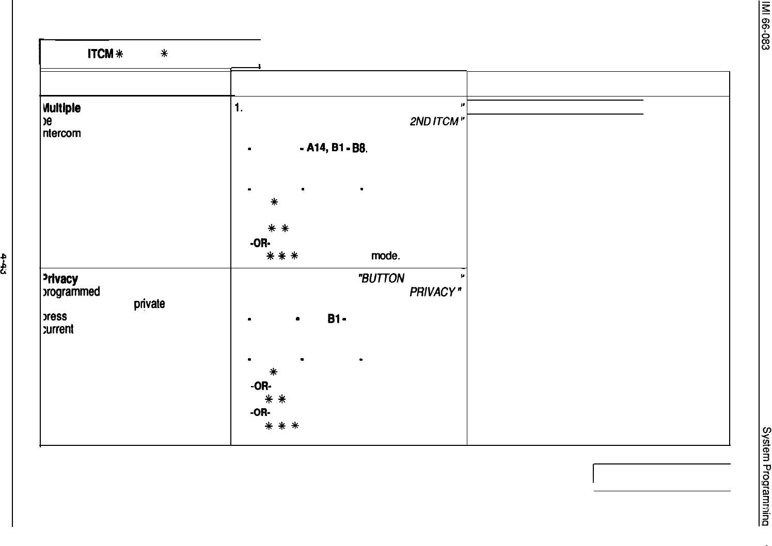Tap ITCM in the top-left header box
click(x=100, y=54)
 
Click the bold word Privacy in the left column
click(x=60, y=279)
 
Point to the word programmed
click(x=71, y=292)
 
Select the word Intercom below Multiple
click(x=61, y=134)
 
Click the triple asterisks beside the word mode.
click(x=281, y=256)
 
